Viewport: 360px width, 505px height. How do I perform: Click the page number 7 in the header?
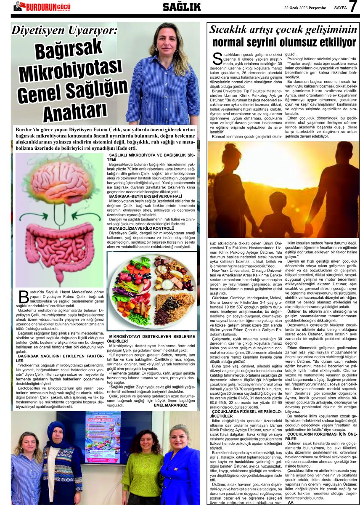click(353, 6)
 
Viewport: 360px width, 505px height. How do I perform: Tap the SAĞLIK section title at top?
click(182, 7)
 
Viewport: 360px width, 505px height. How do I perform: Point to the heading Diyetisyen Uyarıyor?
click(64, 30)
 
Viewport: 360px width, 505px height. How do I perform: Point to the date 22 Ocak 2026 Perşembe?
click(305, 8)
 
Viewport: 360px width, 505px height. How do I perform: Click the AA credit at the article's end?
click(290, 502)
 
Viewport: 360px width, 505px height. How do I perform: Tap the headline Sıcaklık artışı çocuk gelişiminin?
click(284, 30)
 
